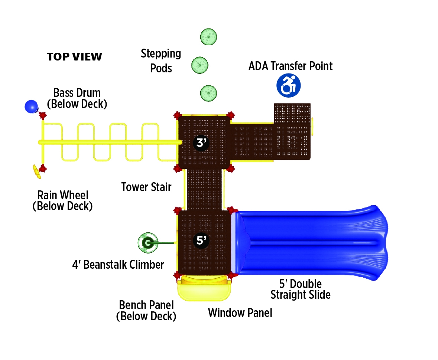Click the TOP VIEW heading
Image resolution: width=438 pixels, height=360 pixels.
(x=74, y=57)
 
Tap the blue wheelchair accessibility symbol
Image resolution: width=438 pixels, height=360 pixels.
(x=288, y=85)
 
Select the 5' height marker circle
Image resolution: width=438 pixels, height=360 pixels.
(x=201, y=241)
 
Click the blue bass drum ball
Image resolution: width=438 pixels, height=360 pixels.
(x=31, y=107)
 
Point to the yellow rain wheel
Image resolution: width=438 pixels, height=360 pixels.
(x=36, y=171)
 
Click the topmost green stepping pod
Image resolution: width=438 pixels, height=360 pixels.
(x=209, y=37)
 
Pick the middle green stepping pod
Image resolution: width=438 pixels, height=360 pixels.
(x=200, y=65)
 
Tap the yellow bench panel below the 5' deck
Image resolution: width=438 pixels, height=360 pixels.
(x=204, y=289)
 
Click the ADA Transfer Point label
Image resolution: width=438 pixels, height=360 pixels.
(x=291, y=66)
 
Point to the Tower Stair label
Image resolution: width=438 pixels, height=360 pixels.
(x=146, y=187)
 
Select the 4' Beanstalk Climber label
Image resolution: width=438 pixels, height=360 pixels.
(x=118, y=265)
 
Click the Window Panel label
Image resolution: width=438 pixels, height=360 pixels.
(x=240, y=313)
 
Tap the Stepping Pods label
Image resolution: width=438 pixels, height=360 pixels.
(x=161, y=61)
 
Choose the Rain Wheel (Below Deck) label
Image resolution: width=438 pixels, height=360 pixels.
(x=62, y=200)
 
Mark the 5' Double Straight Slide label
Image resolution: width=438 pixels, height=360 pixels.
(x=300, y=289)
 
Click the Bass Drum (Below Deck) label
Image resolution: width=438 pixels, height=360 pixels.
(x=77, y=98)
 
